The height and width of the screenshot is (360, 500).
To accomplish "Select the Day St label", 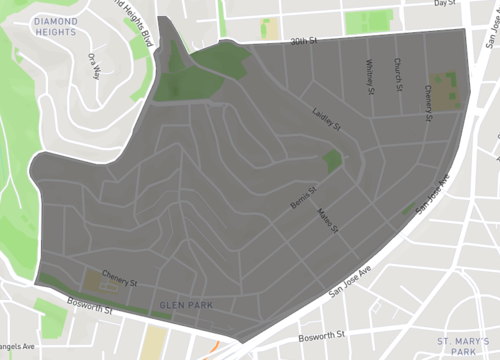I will coord(445,4).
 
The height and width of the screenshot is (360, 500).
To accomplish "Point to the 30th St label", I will coord(303,42).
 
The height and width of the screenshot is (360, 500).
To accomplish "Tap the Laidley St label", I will coord(327,121).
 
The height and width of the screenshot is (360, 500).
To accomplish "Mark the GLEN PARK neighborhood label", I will coord(181,303).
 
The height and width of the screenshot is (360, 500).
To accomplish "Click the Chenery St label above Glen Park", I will coord(118,283).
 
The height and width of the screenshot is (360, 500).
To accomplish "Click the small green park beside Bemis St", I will coord(332,160).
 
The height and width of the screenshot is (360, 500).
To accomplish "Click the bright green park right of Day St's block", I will coord(369,20).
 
